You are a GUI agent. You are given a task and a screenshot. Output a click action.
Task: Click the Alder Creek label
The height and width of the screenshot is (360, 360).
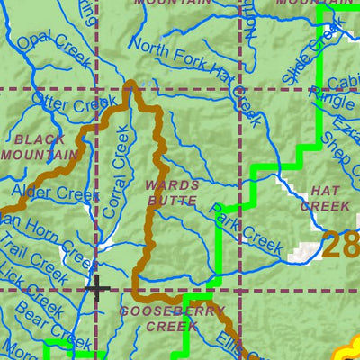[53, 192]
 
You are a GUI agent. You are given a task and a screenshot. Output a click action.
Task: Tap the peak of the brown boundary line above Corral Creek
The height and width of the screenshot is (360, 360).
[131, 85]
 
